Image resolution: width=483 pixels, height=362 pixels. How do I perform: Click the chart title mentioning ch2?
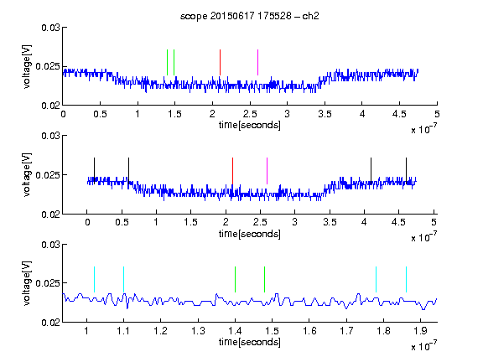[x=249, y=16]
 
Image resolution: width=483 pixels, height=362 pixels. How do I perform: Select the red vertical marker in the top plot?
[x=220, y=62]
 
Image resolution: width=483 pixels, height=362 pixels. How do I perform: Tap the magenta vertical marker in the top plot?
[x=257, y=62]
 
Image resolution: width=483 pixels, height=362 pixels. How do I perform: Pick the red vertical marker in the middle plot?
[x=232, y=171]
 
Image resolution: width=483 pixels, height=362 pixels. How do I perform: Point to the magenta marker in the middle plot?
[x=267, y=171]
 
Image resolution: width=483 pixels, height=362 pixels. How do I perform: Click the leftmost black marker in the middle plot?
[x=94, y=171]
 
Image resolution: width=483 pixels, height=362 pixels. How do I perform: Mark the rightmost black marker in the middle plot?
[x=406, y=171]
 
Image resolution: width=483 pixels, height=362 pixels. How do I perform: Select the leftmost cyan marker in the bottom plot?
[x=94, y=279]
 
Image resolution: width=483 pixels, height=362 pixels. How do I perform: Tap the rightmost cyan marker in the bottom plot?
[x=406, y=279]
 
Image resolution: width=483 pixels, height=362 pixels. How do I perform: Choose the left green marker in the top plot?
[x=167, y=62]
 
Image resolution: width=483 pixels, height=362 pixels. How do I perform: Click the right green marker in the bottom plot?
[x=264, y=279]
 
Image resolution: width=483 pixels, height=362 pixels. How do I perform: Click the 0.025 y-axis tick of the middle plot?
[x=48, y=175]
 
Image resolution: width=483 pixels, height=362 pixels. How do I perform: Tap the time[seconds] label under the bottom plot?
[x=250, y=342]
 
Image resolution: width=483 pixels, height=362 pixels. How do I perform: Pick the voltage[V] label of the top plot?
[x=27, y=66]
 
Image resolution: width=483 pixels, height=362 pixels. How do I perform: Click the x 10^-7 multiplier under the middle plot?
[x=424, y=237]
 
